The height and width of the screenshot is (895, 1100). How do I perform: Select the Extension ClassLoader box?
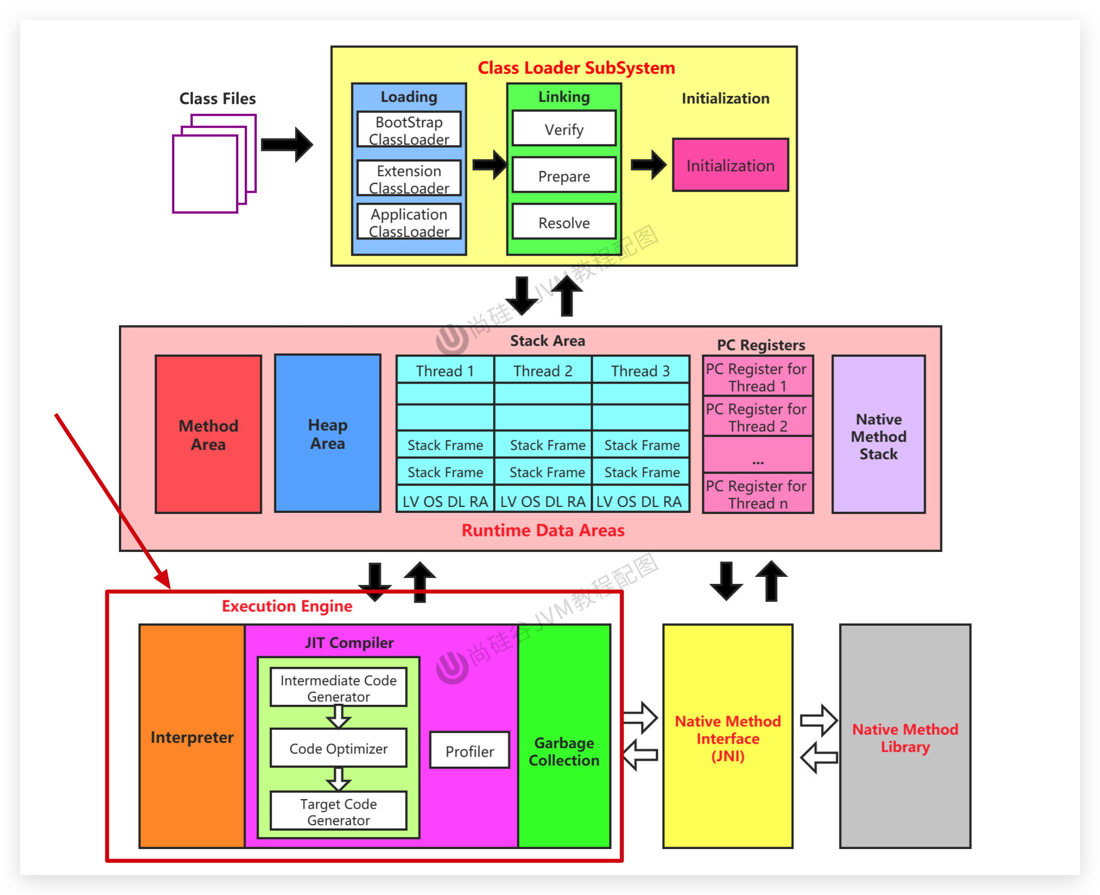pos(409,178)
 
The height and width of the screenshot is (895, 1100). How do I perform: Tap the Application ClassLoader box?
pos(409,222)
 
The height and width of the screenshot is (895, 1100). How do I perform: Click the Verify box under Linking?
pos(563,129)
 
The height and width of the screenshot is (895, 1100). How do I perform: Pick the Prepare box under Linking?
pos(563,175)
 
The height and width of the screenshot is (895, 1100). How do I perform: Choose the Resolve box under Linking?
pos(563,222)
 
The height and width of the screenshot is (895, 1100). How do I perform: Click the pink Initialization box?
pos(730,165)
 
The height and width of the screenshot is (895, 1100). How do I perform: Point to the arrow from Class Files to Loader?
pos(287,144)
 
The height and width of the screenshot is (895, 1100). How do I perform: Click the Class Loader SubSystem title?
pos(576,67)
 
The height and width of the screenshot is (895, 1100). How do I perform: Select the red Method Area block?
pos(208,434)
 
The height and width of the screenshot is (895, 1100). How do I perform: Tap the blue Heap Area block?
pos(328,433)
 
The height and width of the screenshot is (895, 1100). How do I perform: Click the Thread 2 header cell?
pos(543,370)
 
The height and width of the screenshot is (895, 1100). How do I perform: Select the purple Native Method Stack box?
pos(878,435)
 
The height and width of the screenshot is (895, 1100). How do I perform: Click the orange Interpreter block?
pos(192,737)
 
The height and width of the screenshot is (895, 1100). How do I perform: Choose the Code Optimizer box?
pos(338,748)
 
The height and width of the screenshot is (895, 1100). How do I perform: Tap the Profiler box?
pos(469,751)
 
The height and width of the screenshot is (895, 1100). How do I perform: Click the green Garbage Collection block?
pos(564,750)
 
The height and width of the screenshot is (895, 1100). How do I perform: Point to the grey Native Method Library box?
pos(905,737)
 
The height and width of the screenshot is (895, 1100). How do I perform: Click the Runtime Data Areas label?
pos(543,530)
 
